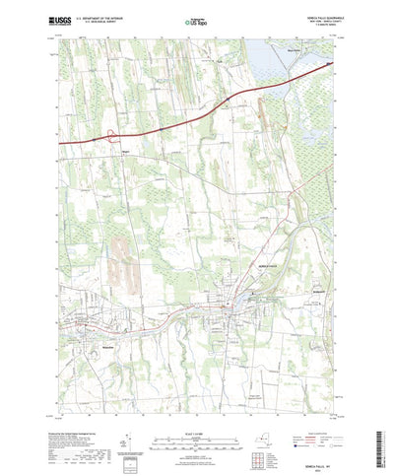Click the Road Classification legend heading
coord(313,415)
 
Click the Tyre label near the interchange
coord(126,151)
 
